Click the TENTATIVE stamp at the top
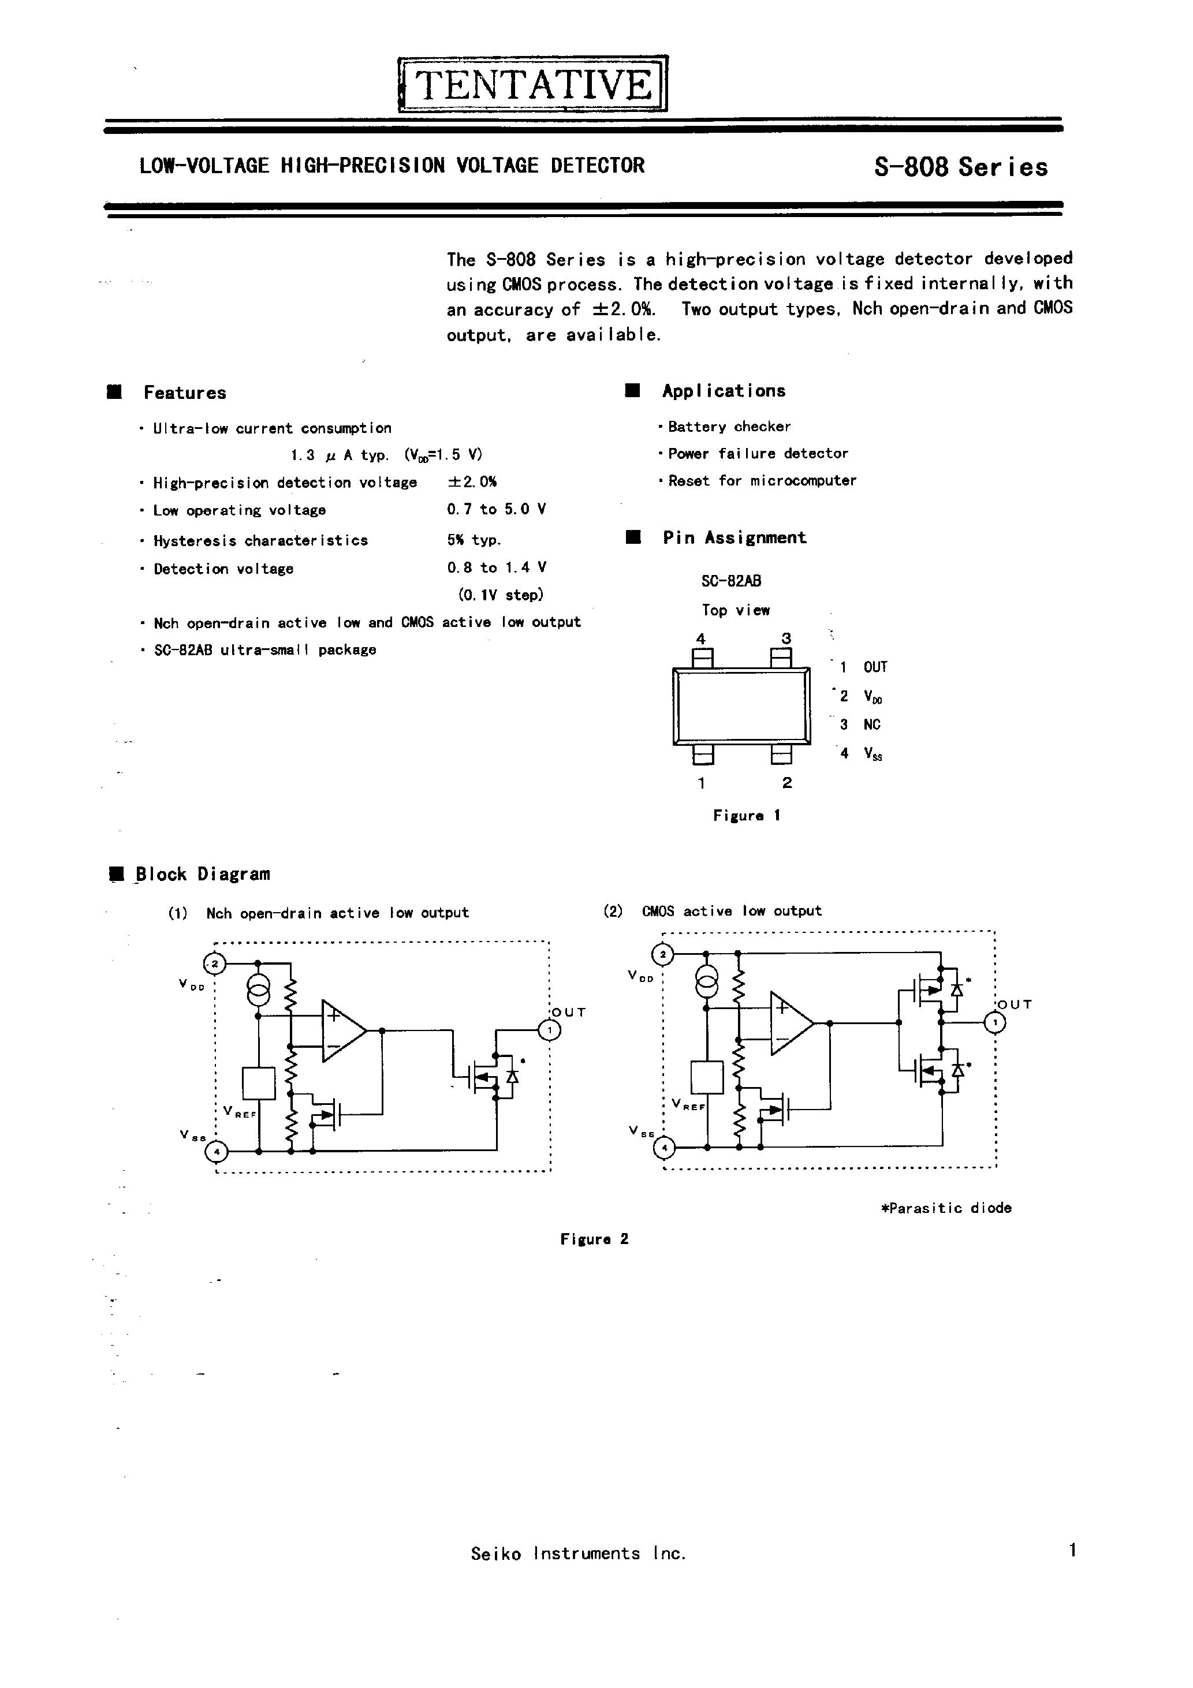(532, 84)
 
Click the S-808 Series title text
(960, 167)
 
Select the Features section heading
(185, 393)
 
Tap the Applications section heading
(723, 391)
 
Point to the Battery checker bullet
(728, 427)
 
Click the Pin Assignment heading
(733, 537)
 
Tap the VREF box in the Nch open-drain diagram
(258, 1083)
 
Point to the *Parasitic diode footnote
(946, 1208)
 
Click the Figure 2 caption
(594, 1239)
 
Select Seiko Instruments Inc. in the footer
(578, 1553)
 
